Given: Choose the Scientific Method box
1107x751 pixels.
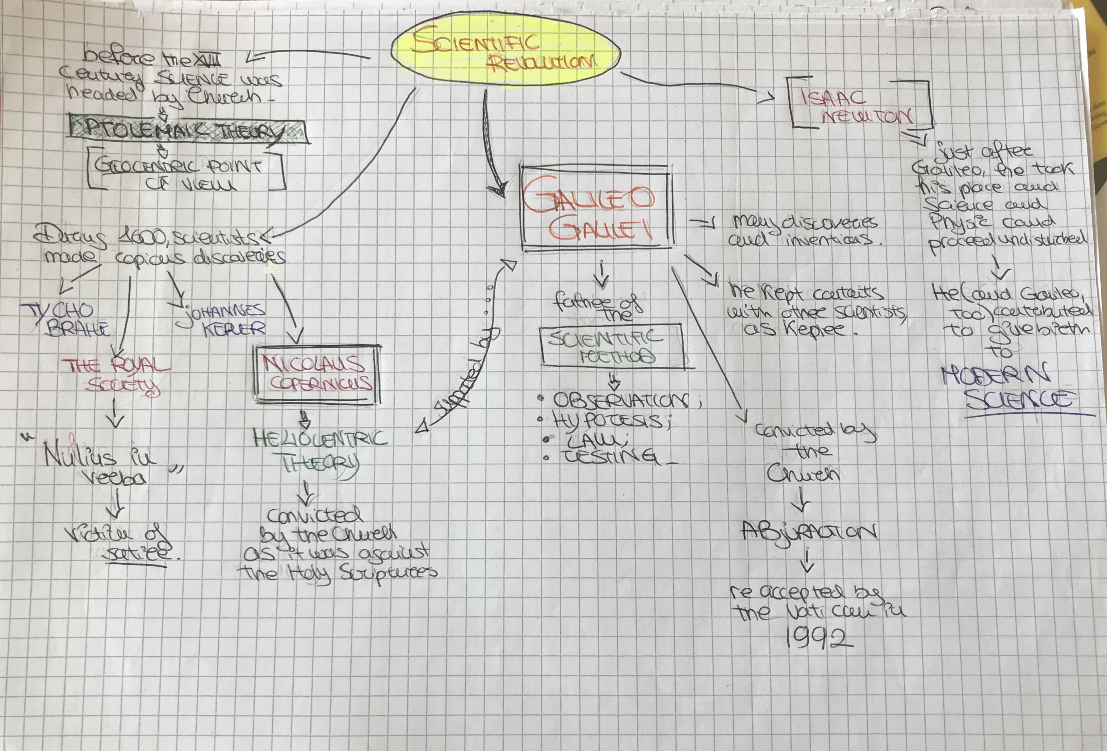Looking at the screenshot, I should [612, 346].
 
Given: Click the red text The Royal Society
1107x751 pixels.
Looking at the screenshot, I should [117, 376].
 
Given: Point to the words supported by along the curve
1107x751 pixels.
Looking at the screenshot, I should [469, 376].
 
